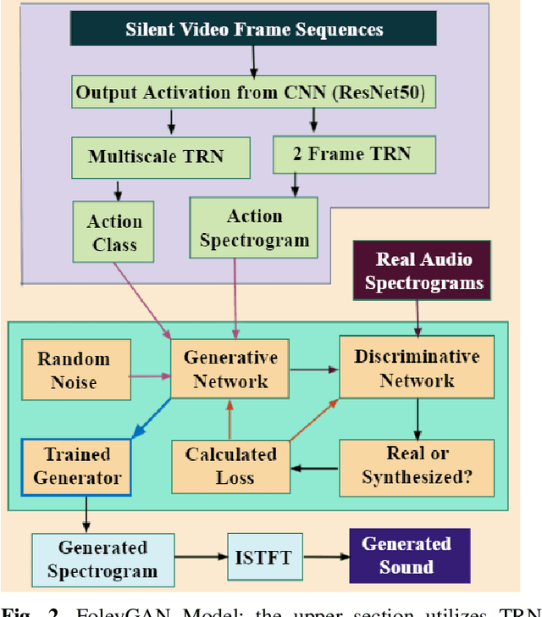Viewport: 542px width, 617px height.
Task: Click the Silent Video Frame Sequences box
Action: [x=254, y=30]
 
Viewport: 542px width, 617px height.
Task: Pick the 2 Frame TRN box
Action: [x=353, y=154]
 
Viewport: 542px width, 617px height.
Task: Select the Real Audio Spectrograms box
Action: [x=423, y=270]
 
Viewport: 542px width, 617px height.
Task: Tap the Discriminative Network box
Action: [x=417, y=368]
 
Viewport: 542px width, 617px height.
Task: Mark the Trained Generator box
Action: [x=77, y=465]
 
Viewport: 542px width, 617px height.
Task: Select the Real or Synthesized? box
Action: [x=417, y=465]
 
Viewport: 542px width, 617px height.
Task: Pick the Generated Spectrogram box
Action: [x=102, y=559]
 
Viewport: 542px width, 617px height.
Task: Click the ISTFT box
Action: [x=263, y=557]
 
